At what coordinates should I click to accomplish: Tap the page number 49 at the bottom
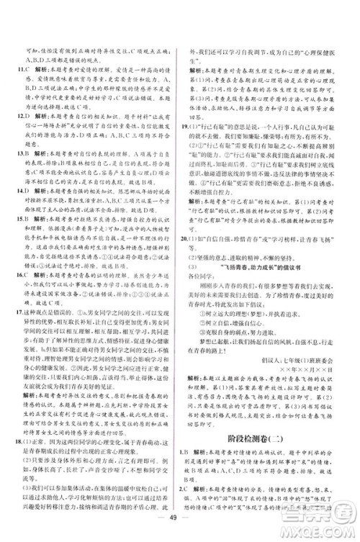point(180,530)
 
